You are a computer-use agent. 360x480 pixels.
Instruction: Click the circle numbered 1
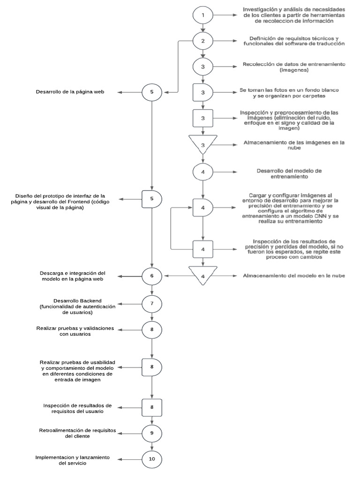point(203,15)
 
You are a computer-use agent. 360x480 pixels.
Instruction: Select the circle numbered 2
point(203,41)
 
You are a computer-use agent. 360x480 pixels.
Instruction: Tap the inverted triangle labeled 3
point(203,145)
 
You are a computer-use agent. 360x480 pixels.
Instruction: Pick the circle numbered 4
point(203,172)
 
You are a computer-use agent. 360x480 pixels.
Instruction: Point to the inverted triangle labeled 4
point(203,276)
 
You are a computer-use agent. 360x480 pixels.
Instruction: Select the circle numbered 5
point(152,92)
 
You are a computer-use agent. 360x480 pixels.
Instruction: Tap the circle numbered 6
point(152,276)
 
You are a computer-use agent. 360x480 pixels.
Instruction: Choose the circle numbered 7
point(152,303)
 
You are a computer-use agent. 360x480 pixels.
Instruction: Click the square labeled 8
point(152,407)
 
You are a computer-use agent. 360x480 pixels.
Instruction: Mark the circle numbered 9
point(152,433)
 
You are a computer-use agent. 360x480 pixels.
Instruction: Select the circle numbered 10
point(152,458)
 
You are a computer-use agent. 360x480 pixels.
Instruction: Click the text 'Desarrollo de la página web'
point(70,92)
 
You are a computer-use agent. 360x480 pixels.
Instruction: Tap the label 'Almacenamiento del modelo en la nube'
point(294,276)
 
